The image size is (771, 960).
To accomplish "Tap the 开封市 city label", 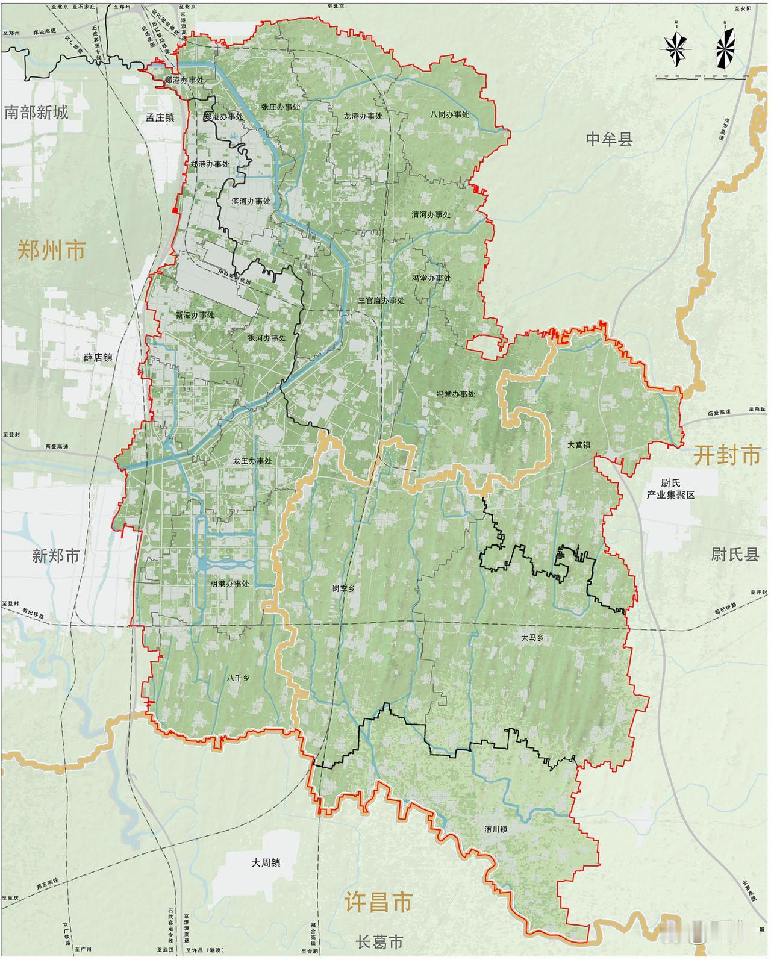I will [x=726, y=455].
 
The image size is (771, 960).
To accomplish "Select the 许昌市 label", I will [x=379, y=902].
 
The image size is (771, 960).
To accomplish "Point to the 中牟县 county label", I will [x=610, y=140].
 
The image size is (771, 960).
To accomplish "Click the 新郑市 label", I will [x=55, y=555].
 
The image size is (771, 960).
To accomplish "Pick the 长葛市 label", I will [x=379, y=941].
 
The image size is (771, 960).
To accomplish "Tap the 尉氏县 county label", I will [x=735, y=555].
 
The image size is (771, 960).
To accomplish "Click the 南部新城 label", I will [x=36, y=113].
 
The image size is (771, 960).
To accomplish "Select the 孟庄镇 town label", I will [x=160, y=118].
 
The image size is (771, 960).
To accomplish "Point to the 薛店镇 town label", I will [x=98, y=357].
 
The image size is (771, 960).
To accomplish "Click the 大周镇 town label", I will [x=266, y=862].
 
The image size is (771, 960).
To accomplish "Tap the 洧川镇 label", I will [x=495, y=829].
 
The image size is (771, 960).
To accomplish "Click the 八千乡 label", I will [x=238, y=677].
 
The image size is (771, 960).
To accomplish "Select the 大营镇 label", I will [x=579, y=445].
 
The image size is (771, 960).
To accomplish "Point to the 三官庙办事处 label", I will [x=381, y=300].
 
